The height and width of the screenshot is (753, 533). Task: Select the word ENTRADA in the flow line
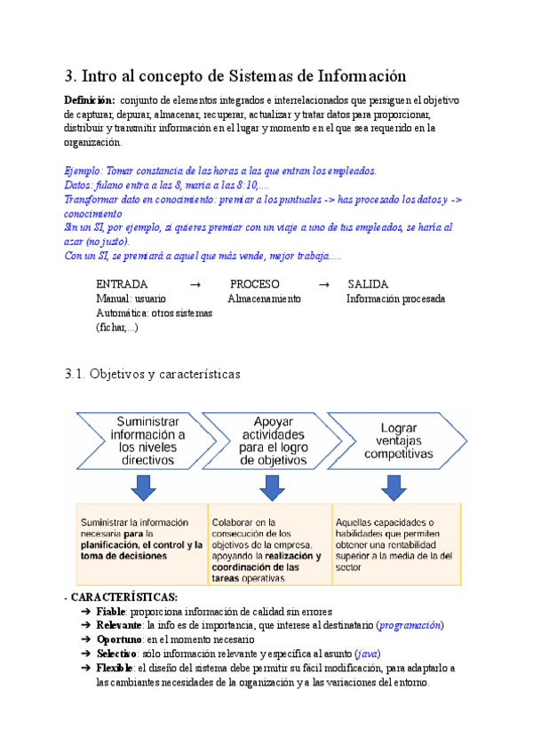tap(122, 284)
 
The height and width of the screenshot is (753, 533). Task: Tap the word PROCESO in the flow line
tap(255, 284)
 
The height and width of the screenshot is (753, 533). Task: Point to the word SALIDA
tap(368, 284)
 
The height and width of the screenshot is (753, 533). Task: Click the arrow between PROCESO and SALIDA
tap(324, 284)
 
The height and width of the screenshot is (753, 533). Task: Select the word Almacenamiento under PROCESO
tap(264, 299)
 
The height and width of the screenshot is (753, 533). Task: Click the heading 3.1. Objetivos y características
tap(152, 375)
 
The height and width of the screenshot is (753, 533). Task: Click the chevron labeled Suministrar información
tap(142, 441)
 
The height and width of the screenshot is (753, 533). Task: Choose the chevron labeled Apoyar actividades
tap(266, 441)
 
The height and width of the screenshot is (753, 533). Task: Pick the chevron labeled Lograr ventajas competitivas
tap(396, 441)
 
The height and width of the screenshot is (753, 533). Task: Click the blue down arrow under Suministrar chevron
tap(143, 486)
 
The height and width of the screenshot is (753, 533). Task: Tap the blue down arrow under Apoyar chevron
tap(270, 486)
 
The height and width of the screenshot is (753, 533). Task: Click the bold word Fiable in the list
tap(110, 612)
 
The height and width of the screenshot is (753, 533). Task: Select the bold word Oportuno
tap(119, 639)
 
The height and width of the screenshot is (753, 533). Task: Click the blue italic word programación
tap(410, 625)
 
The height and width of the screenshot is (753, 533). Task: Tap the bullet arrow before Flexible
tap(84, 668)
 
